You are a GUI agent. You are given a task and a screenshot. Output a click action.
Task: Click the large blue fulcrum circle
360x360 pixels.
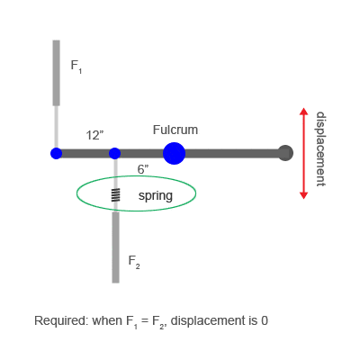[174, 153]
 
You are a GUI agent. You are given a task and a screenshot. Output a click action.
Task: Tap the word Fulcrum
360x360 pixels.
[175, 130]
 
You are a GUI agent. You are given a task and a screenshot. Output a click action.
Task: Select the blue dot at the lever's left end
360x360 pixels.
[56, 153]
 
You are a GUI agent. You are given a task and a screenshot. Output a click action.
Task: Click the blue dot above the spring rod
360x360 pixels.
[114, 153]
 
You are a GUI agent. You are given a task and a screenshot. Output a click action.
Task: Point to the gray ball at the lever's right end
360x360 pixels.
[285, 153]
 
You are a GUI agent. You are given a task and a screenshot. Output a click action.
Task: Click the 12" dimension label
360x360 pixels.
[94, 136]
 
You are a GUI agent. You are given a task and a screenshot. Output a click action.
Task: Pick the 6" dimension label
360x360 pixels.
[143, 169]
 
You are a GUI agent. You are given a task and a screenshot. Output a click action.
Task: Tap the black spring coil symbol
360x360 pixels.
[116, 194]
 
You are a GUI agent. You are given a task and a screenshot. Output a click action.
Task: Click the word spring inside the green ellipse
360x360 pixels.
[156, 196]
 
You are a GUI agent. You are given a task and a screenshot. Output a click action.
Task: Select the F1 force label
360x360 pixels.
[76, 67]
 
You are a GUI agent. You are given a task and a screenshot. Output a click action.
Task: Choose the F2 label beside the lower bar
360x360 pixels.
[134, 262]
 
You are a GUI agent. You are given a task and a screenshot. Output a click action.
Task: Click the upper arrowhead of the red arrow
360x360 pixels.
[304, 112]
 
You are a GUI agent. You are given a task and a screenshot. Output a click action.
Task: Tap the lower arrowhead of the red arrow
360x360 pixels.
[304, 195]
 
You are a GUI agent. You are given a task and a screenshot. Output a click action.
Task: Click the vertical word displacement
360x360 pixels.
[320, 149]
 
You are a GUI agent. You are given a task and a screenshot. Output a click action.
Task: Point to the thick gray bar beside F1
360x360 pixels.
[56, 73]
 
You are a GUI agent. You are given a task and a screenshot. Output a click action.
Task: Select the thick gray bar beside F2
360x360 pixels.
[115, 247]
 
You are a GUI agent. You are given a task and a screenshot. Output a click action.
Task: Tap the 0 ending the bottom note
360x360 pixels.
[265, 320]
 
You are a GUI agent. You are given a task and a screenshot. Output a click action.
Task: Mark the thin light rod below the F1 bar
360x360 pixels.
[56, 127]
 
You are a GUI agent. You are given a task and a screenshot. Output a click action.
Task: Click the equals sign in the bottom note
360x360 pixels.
[145, 320]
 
